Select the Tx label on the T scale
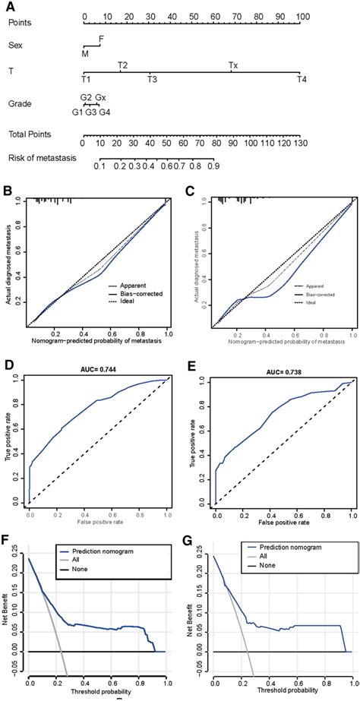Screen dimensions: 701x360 click(233, 65)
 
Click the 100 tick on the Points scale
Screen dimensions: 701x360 click(302, 16)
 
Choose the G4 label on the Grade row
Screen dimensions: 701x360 click(104, 112)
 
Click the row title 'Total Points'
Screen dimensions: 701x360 click(30, 134)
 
